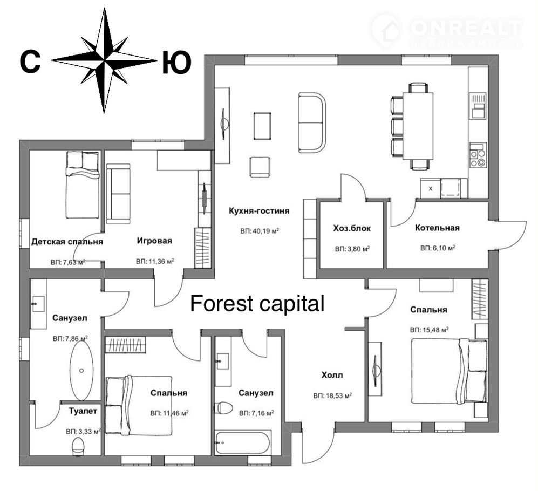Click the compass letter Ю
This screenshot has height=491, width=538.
tap(176, 63)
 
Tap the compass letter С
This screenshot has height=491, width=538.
tap(30, 62)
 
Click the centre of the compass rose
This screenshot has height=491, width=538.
tap(104, 60)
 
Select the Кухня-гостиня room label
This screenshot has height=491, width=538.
tap(259, 210)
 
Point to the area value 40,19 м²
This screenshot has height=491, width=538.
tap(260, 231)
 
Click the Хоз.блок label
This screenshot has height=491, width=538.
tap(352, 229)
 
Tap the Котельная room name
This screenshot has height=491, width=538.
tap(437, 228)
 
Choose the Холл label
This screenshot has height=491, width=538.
tap(332, 375)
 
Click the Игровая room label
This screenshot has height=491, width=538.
tap(154, 241)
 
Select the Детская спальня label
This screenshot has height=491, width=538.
tap(67, 242)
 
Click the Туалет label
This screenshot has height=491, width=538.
tap(83, 411)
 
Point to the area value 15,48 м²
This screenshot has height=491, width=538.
tap(430, 330)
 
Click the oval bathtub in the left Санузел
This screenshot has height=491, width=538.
tap(81, 371)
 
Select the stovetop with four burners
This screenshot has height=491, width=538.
tap(478, 155)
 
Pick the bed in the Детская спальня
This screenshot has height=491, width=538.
tap(83, 185)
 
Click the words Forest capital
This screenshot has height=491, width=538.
tap(257, 303)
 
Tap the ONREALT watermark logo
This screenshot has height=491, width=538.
tap(447, 30)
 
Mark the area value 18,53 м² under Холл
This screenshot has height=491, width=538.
tap(332, 396)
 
